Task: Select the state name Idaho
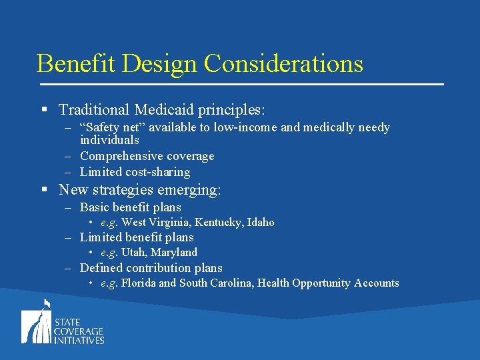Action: tap(261, 223)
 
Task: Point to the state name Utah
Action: tap(134, 253)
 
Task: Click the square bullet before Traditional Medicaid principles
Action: tap(44, 109)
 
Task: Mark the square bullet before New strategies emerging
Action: tap(44, 190)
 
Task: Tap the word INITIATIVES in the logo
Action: tap(79, 340)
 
